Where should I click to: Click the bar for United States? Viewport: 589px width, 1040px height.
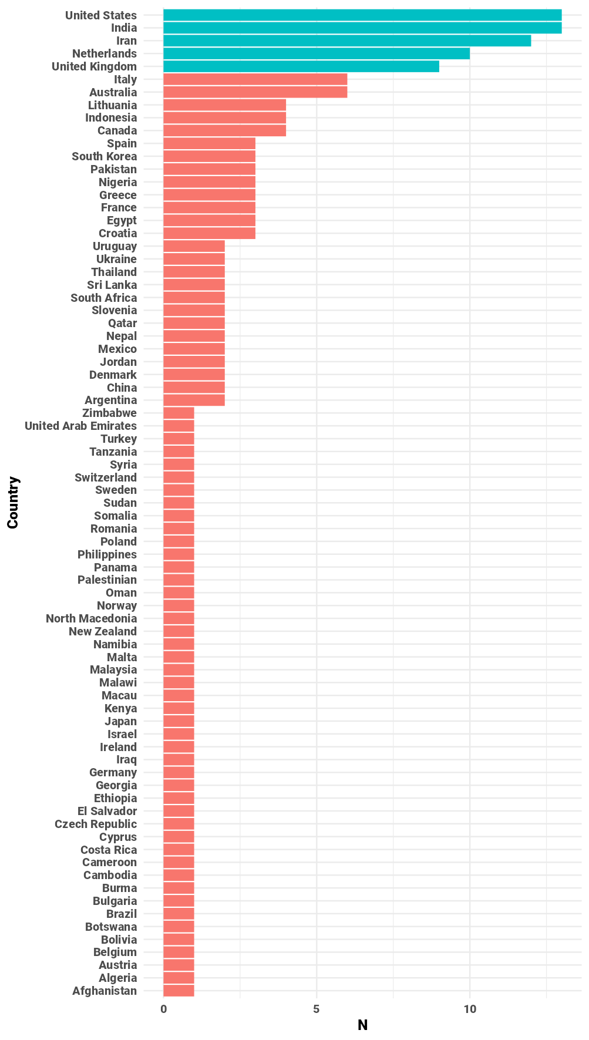(362, 15)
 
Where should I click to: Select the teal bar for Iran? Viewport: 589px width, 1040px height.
(346, 41)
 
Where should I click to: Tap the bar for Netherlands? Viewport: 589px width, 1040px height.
(316, 53)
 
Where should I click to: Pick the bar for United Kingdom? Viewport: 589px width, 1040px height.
(301, 66)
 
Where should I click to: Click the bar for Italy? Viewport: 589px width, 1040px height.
(255, 79)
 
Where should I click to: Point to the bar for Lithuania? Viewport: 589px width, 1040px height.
(224, 105)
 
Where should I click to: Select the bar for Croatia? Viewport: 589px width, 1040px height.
(209, 233)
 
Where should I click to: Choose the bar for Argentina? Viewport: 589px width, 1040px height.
(194, 400)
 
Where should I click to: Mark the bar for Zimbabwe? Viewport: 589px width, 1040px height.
(179, 413)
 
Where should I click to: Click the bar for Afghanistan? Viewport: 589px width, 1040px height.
(179, 991)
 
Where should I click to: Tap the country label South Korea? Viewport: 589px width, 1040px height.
(104, 156)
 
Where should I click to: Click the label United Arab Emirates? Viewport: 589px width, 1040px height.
(80, 426)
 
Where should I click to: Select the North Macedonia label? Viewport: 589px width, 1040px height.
(91, 618)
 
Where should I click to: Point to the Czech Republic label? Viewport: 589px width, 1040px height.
(95, 824)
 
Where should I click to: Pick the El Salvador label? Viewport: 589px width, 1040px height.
(107, 811)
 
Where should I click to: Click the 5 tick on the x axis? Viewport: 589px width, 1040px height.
(317, 1009)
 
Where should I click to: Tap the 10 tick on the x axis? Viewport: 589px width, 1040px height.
(470, 1009)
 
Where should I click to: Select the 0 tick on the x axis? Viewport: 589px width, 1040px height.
(163, 1009)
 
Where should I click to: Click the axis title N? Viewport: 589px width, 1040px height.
(362, 1025)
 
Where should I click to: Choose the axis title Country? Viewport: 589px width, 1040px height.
(13, 503)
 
